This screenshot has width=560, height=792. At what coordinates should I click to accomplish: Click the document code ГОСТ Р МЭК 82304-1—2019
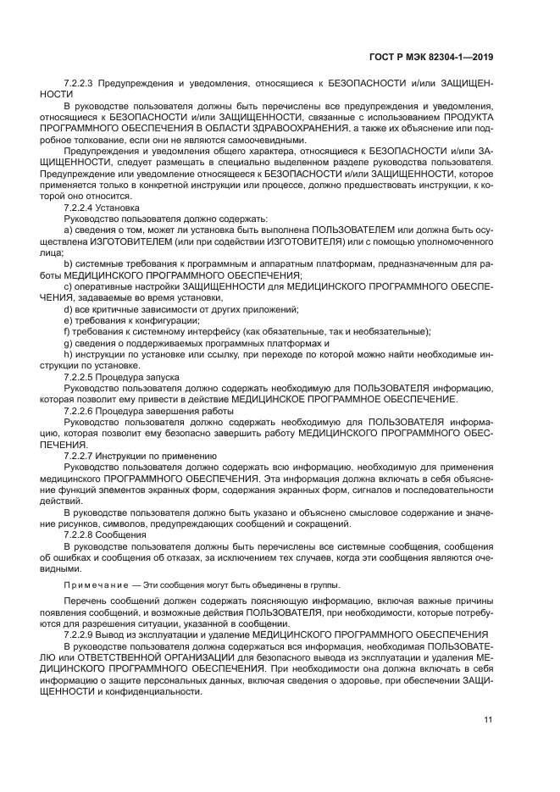pos(432,57)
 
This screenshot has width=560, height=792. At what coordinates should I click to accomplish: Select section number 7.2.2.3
pos(80,84)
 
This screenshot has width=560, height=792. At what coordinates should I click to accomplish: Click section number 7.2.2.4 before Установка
pos(80,207)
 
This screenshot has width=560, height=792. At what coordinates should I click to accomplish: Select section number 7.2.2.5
pos(80,376)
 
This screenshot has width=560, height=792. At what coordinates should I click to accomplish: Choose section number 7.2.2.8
pos(80,535)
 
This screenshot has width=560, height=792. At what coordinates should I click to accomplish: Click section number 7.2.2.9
pos(80,634)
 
